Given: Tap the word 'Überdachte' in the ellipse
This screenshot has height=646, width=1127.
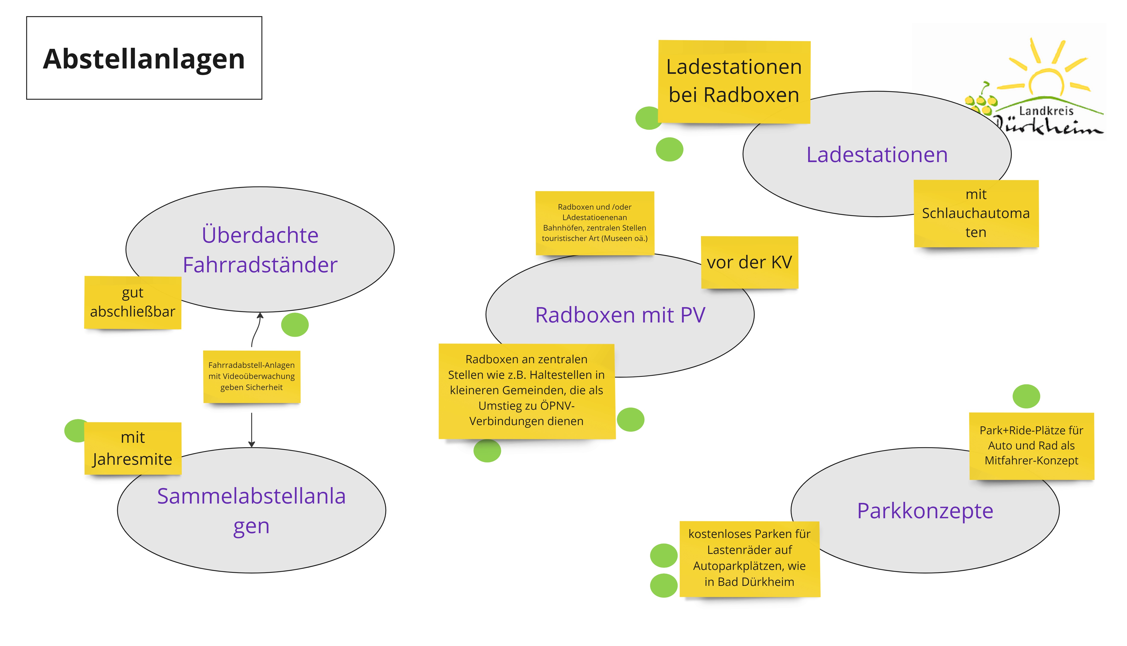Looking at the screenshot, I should (260, 235).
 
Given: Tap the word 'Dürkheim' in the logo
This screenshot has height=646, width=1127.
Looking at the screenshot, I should (1048, 126).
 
